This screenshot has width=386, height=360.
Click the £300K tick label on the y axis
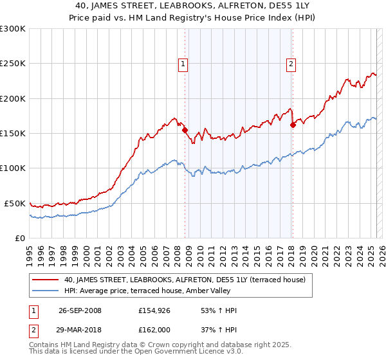coord(13,29)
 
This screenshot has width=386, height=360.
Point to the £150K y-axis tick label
coord(13,133)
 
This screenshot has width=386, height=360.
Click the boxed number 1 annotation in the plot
coord(183,64)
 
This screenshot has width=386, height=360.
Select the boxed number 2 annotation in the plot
coord(291,64)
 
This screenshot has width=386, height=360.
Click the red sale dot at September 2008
coord(185,130)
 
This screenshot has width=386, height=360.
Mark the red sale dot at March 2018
coord(293,125)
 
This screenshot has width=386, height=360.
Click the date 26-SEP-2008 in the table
coord(79,310)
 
